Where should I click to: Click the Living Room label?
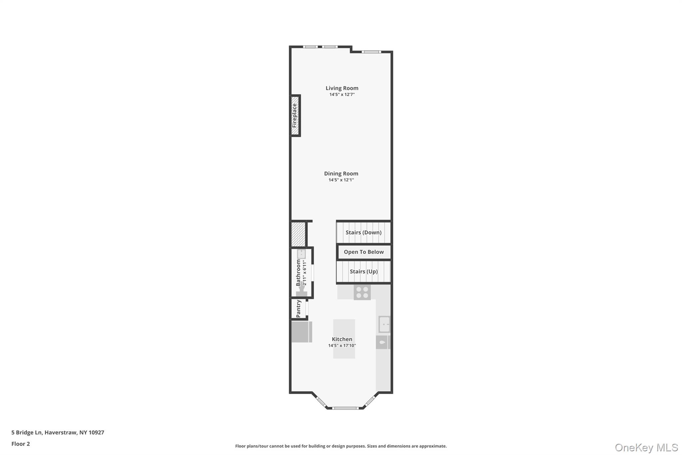[342, 88]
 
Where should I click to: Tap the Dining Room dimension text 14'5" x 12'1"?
[341, 180]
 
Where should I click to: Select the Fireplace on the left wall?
[295, 116]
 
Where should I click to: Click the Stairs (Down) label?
[363, 232]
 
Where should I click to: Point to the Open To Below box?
[364, 252]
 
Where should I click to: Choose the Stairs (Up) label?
[364, 271]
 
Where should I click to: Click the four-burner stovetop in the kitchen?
[362, 292]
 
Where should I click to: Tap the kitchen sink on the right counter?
[384, 324]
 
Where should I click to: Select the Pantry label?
[298, 309]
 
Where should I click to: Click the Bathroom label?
[298, 273]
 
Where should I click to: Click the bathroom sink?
[301, 254]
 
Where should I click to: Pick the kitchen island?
[344, 339]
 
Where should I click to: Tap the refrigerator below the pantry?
[302, 332]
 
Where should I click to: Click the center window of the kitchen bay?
[345, 408]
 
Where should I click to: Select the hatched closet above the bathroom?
[298, 234]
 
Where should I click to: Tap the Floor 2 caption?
[21, 444]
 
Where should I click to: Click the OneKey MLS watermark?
[646, 447]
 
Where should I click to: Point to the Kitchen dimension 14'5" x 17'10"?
[342, 346]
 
